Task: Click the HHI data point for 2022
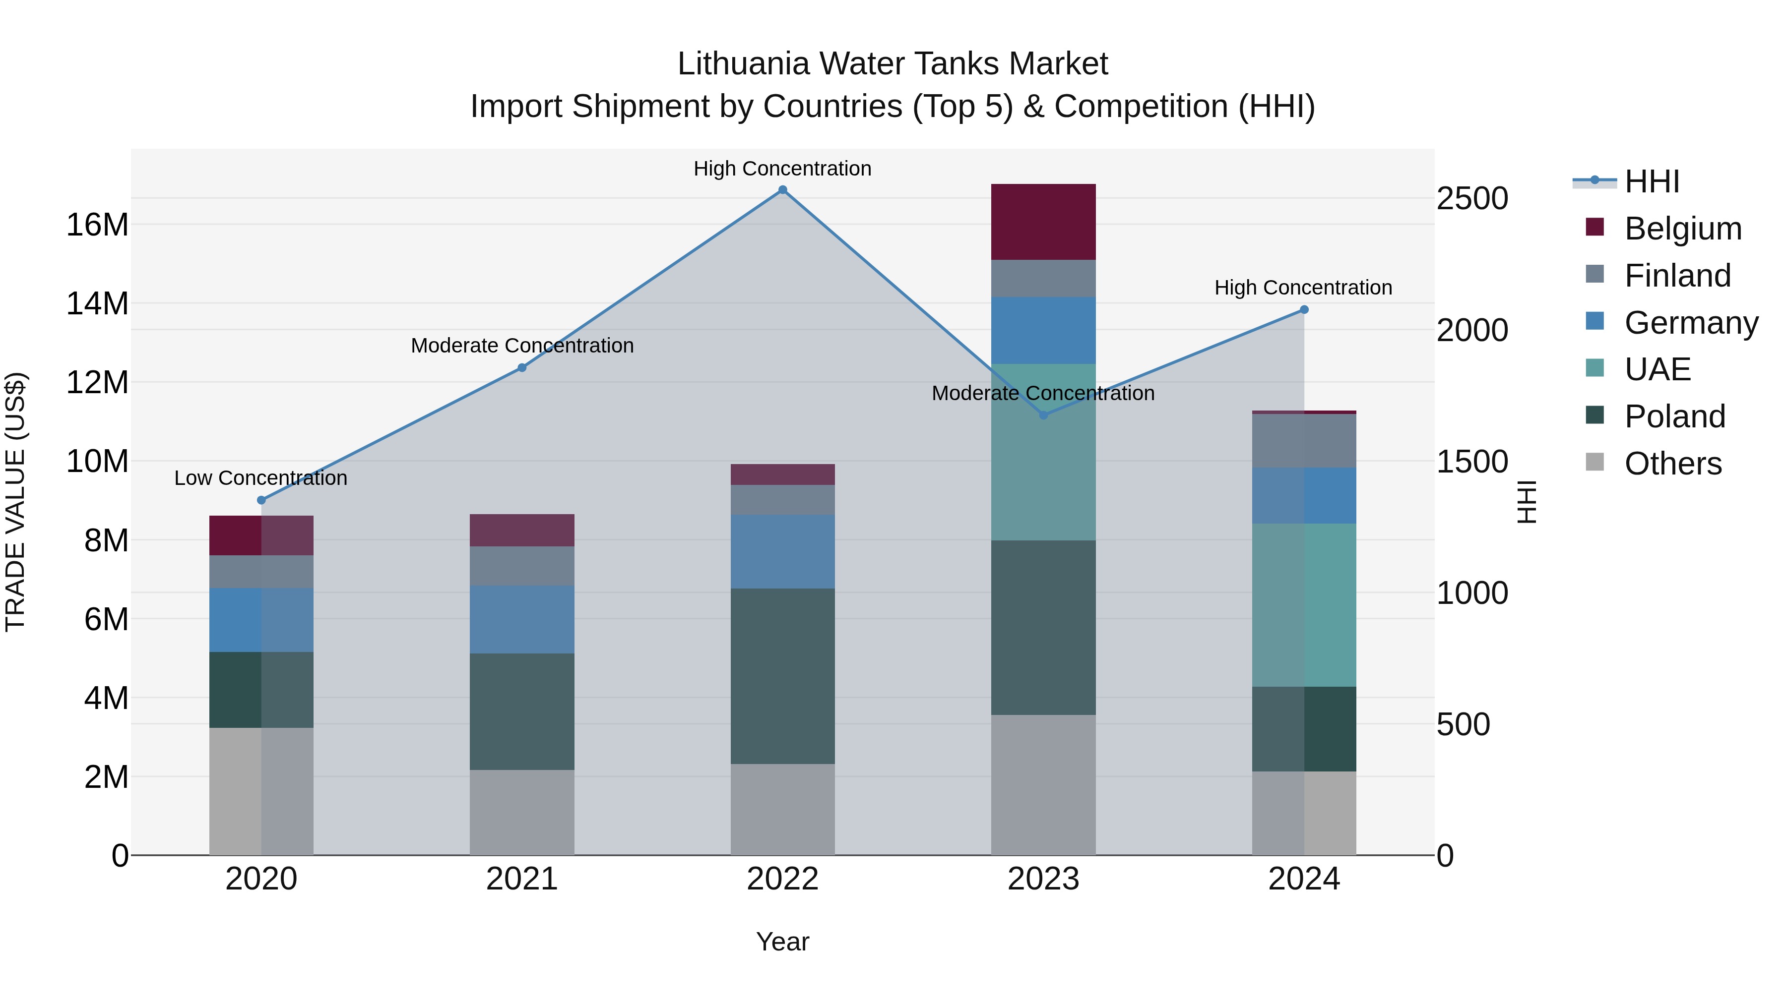[783, 190]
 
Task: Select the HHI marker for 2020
[261, 500]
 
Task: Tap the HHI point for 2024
[1304, 310]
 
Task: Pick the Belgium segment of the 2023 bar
[1043, 222]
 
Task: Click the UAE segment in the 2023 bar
[1043, 452]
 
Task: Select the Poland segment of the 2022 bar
[783, 676]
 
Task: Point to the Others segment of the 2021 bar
[522, 812]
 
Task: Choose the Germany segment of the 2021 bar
[522, 619]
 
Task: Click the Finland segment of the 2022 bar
[783, 500]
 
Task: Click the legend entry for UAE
[1657, 369]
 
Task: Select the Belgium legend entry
[1683, 229]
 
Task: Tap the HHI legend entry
[1652, 181]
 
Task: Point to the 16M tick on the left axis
[97, 225]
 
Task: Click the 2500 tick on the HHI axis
[1472, 199]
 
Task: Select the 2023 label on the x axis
[1043, 879]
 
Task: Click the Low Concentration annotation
[260, 478]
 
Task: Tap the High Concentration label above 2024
[1303, 288]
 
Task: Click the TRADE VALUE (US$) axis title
[16, 502]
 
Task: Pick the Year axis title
[783, 942]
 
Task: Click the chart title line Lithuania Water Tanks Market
[893, 64]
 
